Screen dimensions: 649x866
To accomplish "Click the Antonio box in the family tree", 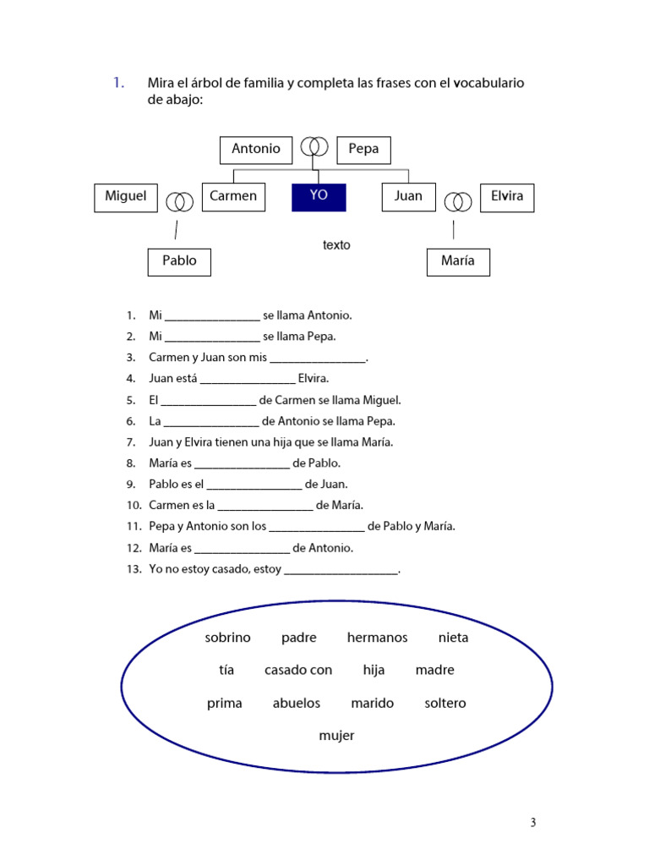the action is click(x=256, y=150).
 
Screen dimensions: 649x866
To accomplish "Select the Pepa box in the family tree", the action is click(x=363, y=150).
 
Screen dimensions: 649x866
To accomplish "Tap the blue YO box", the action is click(x=319, y=197).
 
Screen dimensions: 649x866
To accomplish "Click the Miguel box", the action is click(x=125, y=197).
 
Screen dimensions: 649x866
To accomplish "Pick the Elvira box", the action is click(x=507, y=197).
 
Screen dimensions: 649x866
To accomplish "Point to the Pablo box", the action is click(x=179, y=261).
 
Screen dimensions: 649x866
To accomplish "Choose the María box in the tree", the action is click(x=458, y=261).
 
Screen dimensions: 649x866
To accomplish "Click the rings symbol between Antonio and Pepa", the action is click(x=314, y=147).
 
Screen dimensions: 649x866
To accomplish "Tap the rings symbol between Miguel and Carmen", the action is click(x=179, y=201).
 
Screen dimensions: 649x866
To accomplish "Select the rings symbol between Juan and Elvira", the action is click(x=458, y=201).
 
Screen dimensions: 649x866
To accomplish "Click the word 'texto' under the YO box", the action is click(x=336, y=245).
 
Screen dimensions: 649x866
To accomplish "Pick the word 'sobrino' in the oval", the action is click(x=228, y=638).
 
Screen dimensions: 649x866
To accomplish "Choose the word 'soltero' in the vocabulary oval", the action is click(x=445, y=703).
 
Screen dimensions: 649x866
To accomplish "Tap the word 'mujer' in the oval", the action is click(x=336, y=736).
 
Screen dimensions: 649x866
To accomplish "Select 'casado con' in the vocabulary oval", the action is click(x=298, y=670).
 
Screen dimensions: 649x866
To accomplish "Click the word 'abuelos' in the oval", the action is click(x=297, y=703).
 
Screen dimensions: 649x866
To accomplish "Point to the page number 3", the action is click(x=533, y=823).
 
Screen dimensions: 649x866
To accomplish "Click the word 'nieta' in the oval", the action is click(x=453, y=638).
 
